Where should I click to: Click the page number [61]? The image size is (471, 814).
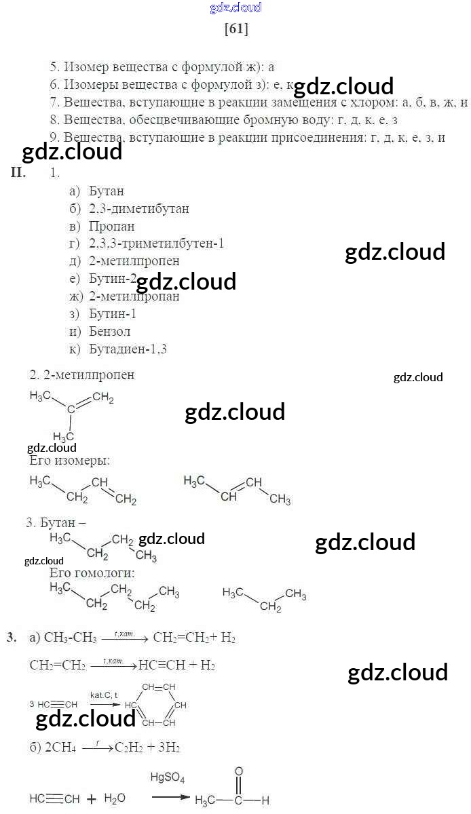click(235, 29)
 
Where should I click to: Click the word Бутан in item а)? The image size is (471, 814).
click(106, 191)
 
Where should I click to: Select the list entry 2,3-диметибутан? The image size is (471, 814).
click(138, 209)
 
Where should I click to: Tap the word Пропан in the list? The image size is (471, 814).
click(111, 227)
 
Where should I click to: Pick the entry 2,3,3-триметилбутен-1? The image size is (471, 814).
click(156, 244)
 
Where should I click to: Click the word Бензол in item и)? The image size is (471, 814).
click(109, 332)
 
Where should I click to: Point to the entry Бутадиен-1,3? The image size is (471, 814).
click(128, 349)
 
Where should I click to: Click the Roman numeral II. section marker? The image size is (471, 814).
click(18, 172)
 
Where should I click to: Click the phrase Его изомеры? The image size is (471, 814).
click(69, 461)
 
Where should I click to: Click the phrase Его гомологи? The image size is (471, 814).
click(92, 573)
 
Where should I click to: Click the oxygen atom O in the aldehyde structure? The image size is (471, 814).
click(238, 771)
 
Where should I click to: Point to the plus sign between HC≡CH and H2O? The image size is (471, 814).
click(91, 799)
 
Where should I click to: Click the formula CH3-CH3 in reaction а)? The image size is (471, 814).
click(70, 638)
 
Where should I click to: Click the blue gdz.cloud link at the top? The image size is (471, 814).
click(235, 8)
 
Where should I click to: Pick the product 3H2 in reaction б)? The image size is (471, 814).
click(168, 747)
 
